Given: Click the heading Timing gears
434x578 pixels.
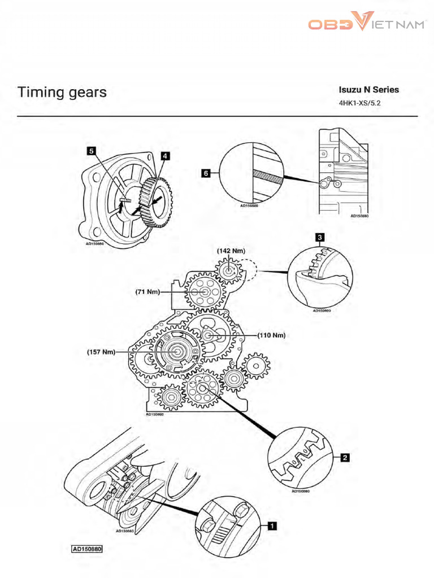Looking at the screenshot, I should pos(62,92).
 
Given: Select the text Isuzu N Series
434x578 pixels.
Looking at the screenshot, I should pos(368,90).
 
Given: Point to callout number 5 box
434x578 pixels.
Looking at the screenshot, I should pos(90,151).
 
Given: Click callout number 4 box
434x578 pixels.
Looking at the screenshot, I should pos(164,155).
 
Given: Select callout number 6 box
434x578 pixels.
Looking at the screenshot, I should pos(207,174).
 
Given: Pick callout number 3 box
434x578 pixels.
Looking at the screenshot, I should pos(319,238).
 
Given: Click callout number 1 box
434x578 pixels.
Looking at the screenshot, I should pos(271,526).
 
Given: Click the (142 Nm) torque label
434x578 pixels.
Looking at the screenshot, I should pos(231,249).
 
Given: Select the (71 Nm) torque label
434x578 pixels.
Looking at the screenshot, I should pos(147,292).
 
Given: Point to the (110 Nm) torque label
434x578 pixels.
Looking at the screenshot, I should pos(271,335).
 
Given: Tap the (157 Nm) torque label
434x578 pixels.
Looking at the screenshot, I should pos(101,352).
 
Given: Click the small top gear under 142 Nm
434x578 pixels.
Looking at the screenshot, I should pos(229,272).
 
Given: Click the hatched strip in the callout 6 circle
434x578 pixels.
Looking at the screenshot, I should pos(269,174).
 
